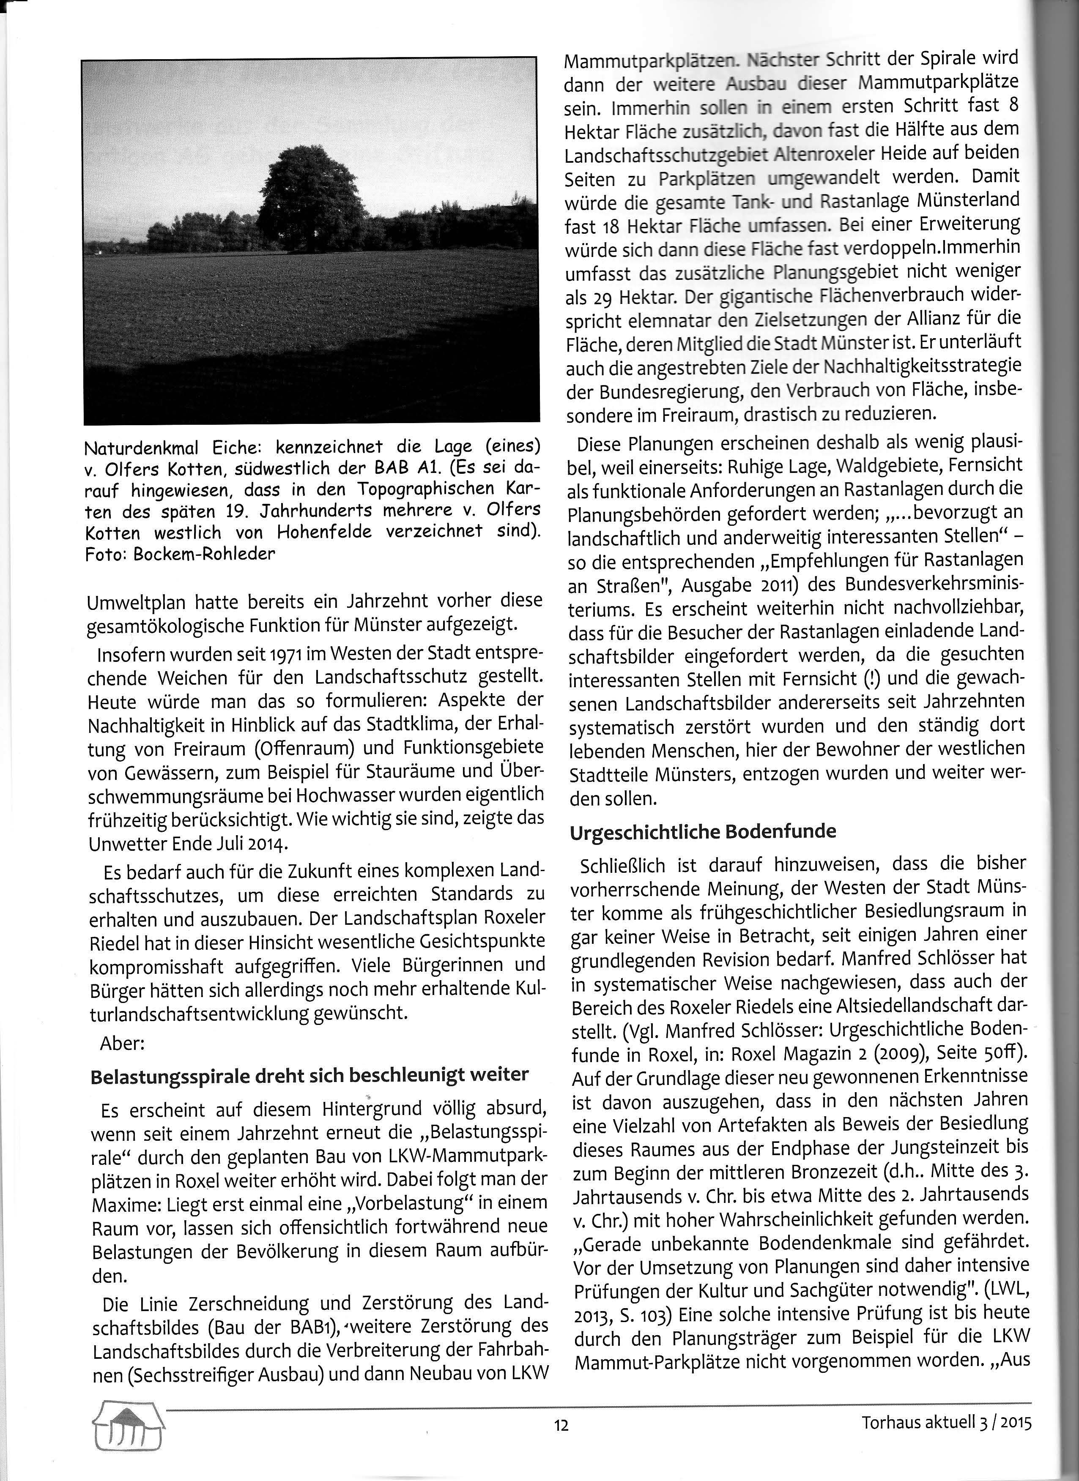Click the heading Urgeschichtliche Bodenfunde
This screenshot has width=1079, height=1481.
tap(703, 832)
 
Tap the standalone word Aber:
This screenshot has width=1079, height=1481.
tap(122, 1043)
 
